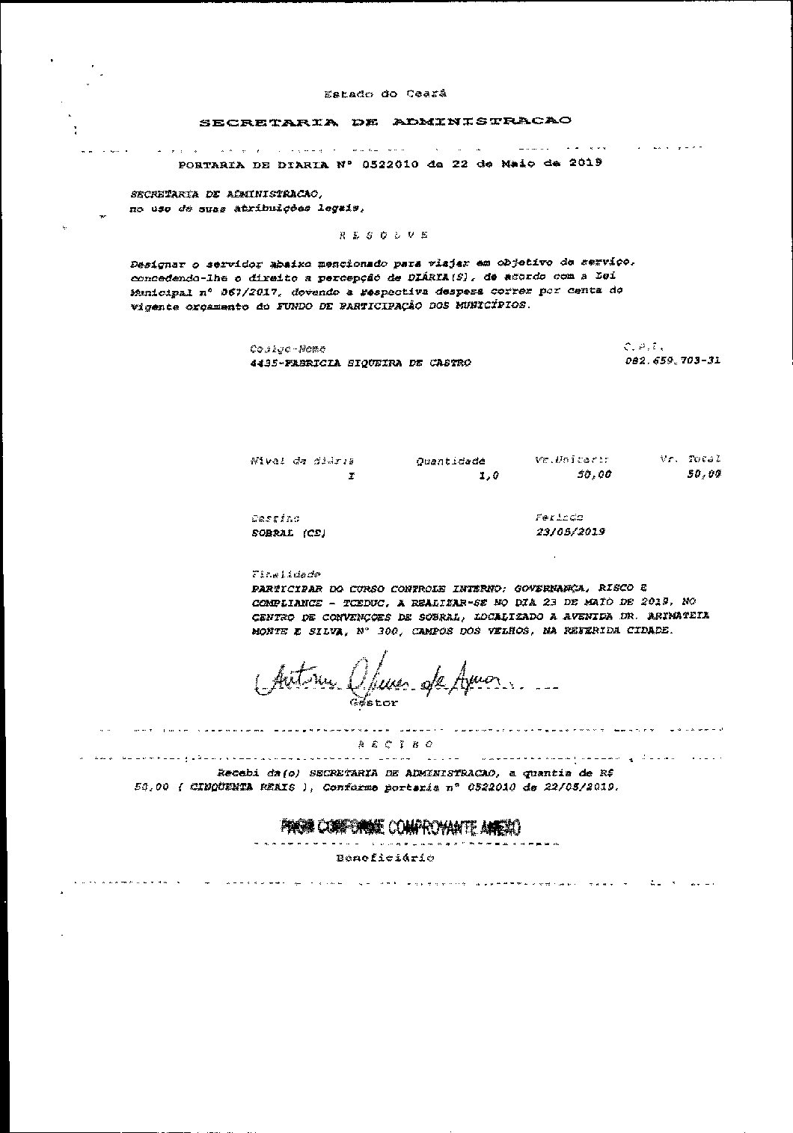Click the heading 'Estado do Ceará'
385,94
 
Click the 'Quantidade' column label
450,461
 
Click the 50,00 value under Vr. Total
703,473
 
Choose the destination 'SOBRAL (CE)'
288,534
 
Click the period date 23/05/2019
570,532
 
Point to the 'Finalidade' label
287,574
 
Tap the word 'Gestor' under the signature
374,703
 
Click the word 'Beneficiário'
385,858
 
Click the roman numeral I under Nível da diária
351,476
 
